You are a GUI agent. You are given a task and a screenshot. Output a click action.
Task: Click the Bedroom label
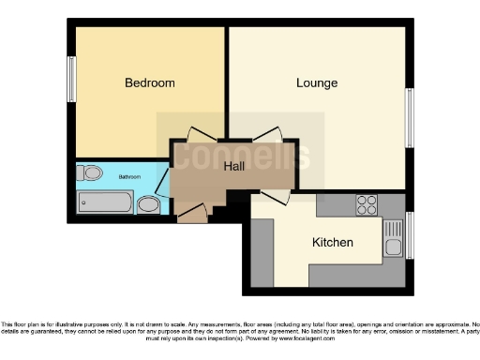coord(150,82)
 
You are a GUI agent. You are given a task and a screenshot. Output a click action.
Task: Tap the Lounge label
coord(317,82)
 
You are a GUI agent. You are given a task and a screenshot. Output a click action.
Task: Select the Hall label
coord(234,166)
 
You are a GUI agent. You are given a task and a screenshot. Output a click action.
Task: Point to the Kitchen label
coord(333,243)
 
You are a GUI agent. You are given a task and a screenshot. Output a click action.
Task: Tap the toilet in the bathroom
coord(91,173)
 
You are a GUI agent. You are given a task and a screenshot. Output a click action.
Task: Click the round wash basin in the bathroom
coord(148,204)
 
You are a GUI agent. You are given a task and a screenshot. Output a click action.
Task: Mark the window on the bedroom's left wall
coord(71,80)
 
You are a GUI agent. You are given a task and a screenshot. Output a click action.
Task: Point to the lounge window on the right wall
coord(409,116)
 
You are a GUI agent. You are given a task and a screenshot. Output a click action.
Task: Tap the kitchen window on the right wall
coord(409,235)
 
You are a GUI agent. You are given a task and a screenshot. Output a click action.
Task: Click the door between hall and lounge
coord(265,136)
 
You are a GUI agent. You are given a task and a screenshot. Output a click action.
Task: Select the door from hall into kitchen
coord(275,195)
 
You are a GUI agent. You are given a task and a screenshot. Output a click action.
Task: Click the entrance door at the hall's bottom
coord(191,214)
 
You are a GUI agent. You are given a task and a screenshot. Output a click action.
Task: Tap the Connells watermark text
coord(239,155)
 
